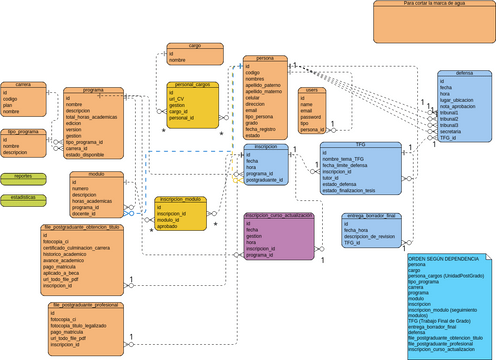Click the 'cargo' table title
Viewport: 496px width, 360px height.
pyautogui.click(x=195, y=46)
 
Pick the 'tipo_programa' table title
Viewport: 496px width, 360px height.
pyautogui.click(x=23, y=132)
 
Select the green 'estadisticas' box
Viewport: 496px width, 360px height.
pyautogui.click(x=23, y=197)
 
